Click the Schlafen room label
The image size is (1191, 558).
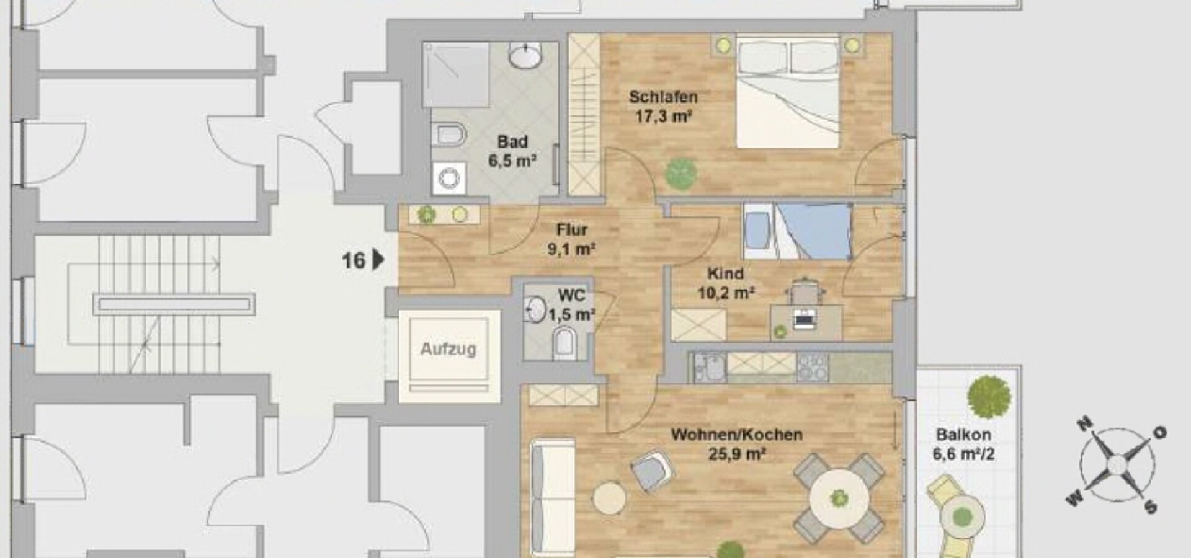[x=663, y=97]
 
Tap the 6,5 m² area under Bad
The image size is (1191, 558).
[x=512, y=161]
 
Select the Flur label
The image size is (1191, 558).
[x=571, y=230]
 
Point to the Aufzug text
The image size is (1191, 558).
[x=448, y=349]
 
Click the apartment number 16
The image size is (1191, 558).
[x=354, y=261]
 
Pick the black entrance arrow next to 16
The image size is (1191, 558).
[x=378, y=260]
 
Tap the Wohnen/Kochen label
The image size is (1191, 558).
[x=736, y=435]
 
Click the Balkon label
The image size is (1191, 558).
[x=963, y=435]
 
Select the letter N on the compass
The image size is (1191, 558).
[x=1084, y=424]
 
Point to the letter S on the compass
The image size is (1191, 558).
[x=1151, y=508]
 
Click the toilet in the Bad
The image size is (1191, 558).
[x=449, y=135]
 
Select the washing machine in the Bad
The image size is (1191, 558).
[x=449, y=179]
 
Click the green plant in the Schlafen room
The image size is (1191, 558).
[x=680, y=174]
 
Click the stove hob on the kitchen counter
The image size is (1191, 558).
[x=812, y=366]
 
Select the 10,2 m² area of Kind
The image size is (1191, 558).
[x=726, y=293]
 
